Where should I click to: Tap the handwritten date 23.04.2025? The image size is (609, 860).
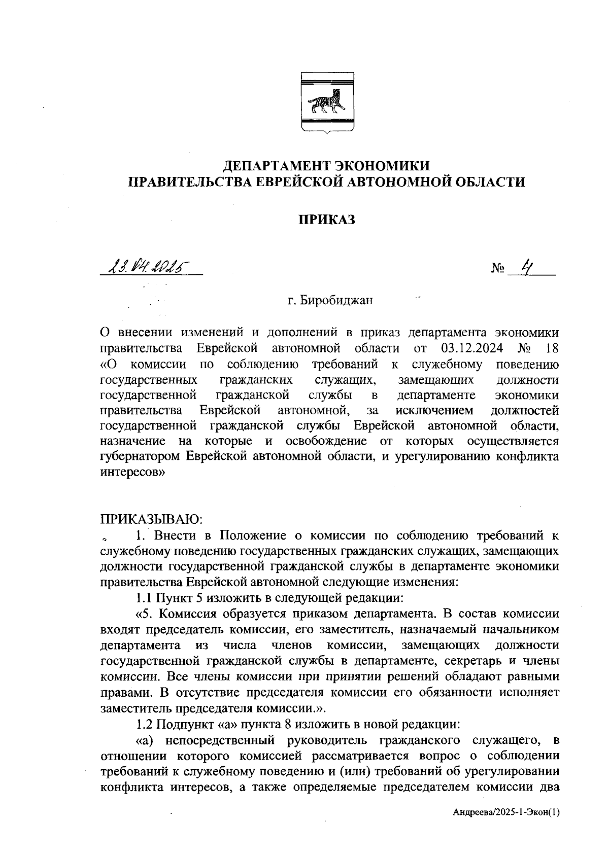147,266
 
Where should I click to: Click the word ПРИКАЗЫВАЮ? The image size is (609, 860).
152,519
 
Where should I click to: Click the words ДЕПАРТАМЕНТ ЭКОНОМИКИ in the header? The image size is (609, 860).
327,165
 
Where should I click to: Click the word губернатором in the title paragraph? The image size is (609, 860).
141,456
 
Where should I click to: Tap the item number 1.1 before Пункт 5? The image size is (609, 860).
144,597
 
